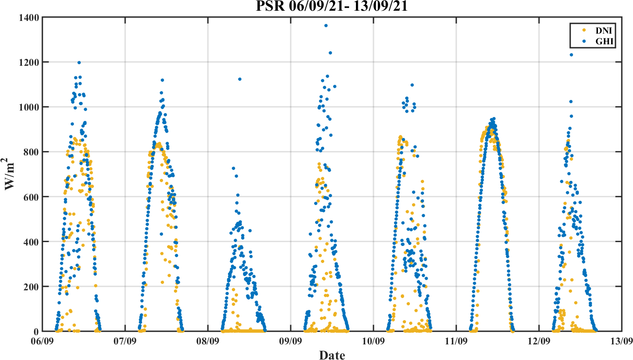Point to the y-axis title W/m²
[x=11, y=174]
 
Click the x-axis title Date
[x=332, y=355]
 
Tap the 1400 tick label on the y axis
[x=29, y=18]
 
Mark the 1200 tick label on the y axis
[x=29, y=62]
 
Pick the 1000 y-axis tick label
[x=29, y=107]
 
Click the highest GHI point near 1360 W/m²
[x=326, y=25]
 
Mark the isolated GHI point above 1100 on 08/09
[x=240, y=79]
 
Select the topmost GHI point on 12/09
[x=571, y=55]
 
